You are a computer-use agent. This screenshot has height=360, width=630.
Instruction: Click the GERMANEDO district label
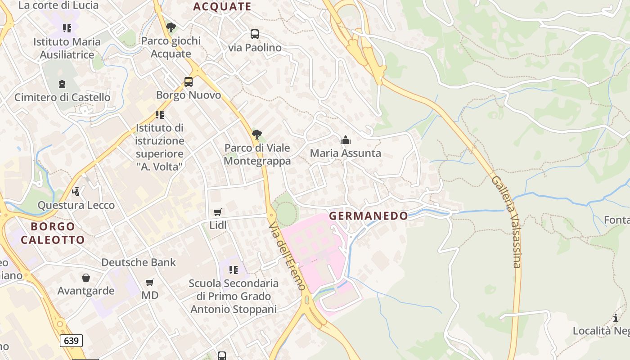tap(368, 216)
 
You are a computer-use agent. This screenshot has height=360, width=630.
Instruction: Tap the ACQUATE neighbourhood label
tap(222, 6)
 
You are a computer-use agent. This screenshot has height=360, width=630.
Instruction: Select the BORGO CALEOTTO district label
tap(53, 233)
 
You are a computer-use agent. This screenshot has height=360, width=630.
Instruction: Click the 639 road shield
tap(71, 341)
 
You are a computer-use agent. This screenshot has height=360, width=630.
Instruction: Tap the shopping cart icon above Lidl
tap(218, 212)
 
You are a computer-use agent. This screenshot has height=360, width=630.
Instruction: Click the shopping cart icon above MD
tap(150, 283)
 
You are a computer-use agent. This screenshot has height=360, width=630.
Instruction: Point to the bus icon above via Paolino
tap(255, 34)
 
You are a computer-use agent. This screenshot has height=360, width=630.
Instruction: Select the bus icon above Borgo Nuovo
tap(189, 82)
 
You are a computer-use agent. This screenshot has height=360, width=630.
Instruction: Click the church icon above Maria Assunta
tap(346, 140)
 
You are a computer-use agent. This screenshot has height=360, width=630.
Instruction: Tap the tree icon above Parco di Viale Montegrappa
tap(257, 134)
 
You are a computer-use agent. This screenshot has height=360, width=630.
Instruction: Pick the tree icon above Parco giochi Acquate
tap(171, 27)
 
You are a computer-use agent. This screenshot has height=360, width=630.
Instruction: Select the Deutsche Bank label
tap(139, 262)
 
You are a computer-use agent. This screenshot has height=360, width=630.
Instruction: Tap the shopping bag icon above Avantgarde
tap(85, 278)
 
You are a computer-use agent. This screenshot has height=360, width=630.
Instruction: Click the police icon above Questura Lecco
tap(76, 192)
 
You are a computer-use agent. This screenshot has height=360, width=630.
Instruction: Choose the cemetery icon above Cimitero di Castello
tap(62, 84)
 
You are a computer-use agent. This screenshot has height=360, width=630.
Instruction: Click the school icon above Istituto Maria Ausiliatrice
tap(67, 29)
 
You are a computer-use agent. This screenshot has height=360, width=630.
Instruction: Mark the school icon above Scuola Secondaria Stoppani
tap(233, 270)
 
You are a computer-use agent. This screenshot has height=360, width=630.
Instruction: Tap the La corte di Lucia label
tap(58, 5)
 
